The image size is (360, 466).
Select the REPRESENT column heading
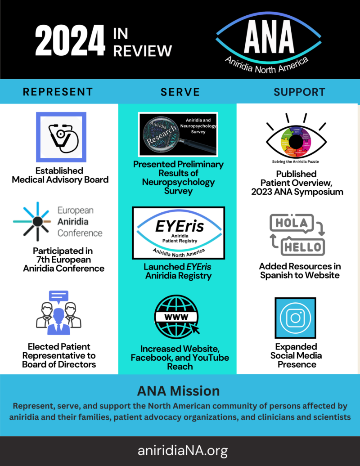pos(58,92)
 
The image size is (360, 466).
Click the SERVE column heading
pos(180,92)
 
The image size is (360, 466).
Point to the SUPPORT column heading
pos(299,92)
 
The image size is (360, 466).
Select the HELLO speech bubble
pos(302,246)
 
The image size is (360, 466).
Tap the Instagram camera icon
pos(296,318)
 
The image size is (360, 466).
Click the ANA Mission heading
pos(180,390)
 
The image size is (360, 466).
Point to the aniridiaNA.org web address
pos(180,450)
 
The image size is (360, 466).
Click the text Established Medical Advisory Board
pos(60,175)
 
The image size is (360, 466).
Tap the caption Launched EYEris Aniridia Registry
pos(178,271)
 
